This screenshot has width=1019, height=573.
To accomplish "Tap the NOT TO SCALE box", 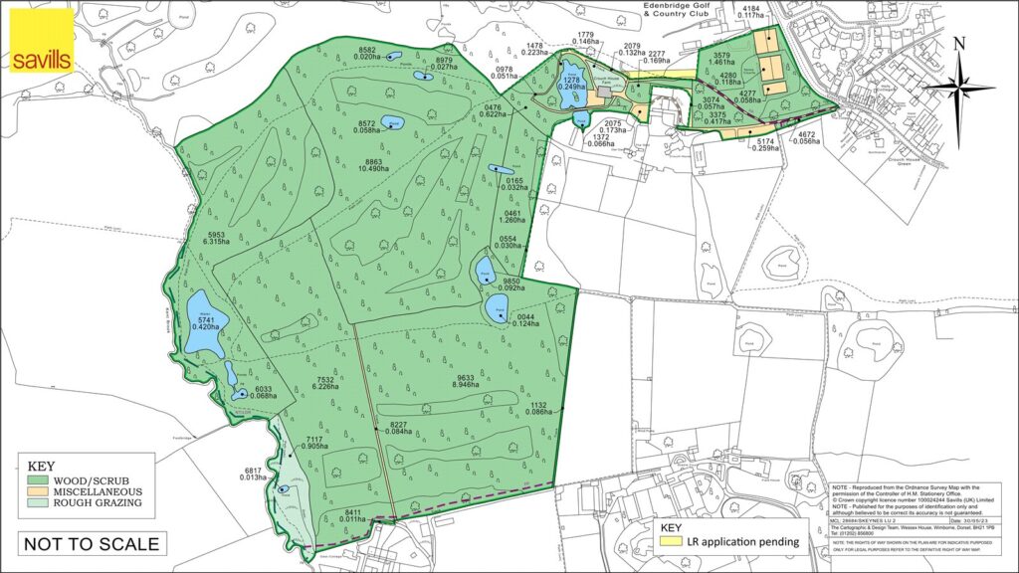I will pos(91,543).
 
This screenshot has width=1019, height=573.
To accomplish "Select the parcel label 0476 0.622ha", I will pos(492,110).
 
